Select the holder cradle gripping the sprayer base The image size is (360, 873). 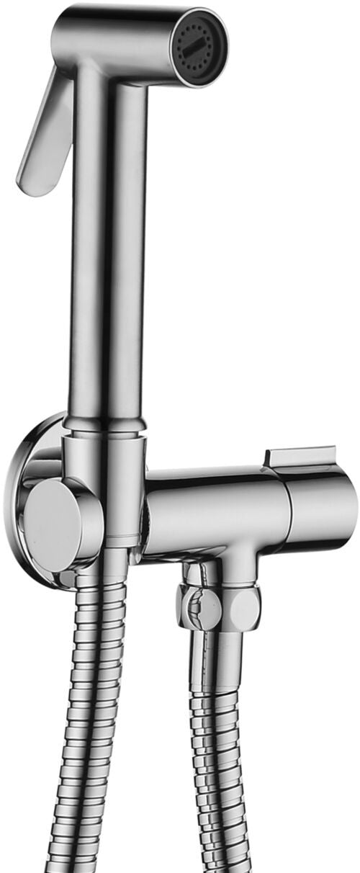pos(108,475)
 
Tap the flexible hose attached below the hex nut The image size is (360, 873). pos(223,720)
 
